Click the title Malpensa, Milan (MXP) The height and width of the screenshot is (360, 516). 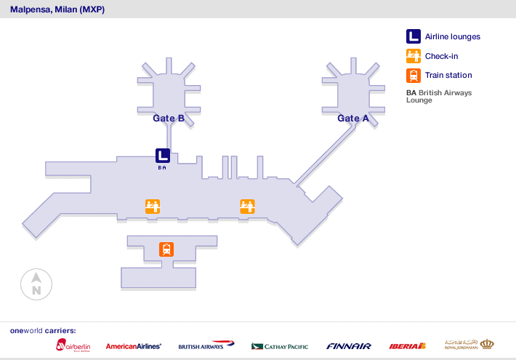click(57, 9)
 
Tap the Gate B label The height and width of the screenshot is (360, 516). click(168, 118)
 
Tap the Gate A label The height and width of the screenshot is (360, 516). click(353, 118)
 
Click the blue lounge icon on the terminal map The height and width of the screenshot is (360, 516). click(163, 155)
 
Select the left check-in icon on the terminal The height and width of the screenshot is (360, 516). click(153, 207)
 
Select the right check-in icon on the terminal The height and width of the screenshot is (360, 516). click(247, 207)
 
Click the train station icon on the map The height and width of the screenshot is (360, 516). click(167, 249)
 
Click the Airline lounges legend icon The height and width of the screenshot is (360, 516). click(413, 36)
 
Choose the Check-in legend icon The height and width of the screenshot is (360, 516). click(413, 56)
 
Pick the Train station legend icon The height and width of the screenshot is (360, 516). click(413, 75)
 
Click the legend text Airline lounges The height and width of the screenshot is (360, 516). click(452, 37)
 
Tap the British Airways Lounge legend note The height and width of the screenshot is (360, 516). click(438, 96)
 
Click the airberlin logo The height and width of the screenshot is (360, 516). click(73, 345)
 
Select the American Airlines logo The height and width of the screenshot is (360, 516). click(134, 346)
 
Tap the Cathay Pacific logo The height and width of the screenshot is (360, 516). click(280, 346)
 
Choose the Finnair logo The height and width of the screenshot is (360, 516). click(349, 346)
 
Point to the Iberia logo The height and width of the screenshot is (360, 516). click(407, 346)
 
